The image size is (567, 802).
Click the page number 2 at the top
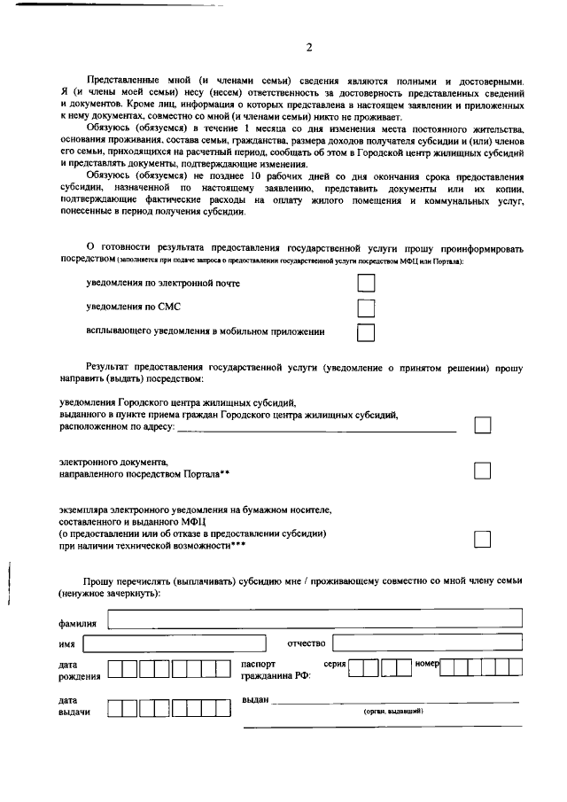point(308,48)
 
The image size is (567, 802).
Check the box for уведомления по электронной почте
point(365,284)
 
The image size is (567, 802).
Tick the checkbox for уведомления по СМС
point(365,308)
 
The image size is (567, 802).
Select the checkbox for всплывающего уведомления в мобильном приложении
point(365,333)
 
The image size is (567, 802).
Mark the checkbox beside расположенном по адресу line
point(482,425)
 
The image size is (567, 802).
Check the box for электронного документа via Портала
point(482,470)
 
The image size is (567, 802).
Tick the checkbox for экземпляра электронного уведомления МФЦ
point(482,539)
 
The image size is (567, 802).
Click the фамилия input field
point(315,619)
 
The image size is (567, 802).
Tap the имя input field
point(187,642)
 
